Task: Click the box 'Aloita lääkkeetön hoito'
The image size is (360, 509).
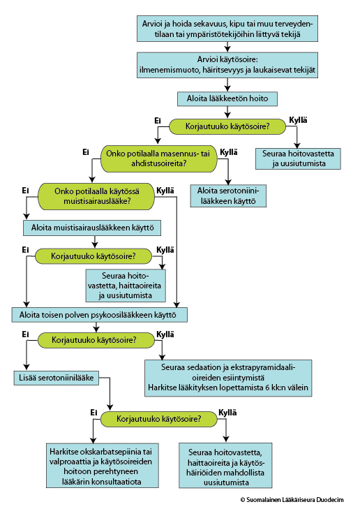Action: pos(227,98)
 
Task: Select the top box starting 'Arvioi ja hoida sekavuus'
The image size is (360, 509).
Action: pos(227,29)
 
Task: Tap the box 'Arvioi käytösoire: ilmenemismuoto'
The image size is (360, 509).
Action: pos(227,65)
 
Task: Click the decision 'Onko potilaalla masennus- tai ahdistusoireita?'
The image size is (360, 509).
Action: pos(158,158)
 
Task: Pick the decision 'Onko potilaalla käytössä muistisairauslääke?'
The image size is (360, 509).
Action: pos(96,196)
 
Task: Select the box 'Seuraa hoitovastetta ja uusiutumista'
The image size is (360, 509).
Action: pos(298,158)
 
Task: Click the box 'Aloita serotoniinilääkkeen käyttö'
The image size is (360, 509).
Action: pos(228,196)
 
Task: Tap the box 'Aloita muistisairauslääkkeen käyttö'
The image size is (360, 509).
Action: pos(92,228)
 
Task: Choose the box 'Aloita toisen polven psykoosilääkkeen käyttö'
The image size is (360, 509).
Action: pos(100,315)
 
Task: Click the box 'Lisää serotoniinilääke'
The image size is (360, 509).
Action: pos(56,378)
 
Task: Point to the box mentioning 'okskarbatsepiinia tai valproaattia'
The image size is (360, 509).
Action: pos(102,466)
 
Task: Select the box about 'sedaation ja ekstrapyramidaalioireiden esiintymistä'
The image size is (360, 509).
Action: pos(228,378)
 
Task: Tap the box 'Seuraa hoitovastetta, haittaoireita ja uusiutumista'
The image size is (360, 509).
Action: pos(126,286)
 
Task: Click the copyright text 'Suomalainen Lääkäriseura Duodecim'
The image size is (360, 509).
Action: pos(292,500)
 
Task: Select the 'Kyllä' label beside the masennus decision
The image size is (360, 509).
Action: pos(229,152)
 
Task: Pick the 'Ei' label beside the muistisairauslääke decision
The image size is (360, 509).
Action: pos(25,191)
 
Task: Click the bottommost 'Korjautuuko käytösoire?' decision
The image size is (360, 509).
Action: pos(158,419)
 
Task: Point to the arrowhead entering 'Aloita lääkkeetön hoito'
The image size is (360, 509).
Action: pos(227,89)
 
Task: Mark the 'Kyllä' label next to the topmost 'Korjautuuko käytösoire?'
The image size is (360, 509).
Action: pos(298,120)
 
